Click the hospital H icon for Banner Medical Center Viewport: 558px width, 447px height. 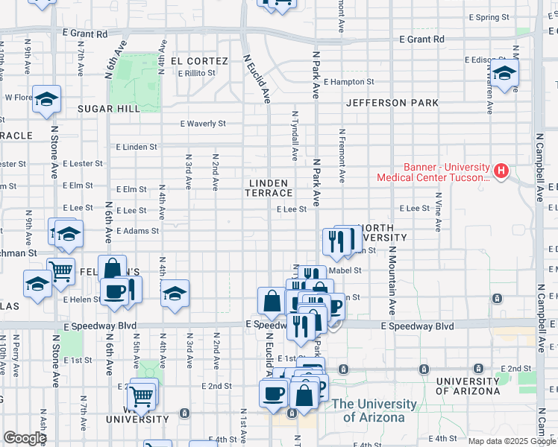(x=501, y=172)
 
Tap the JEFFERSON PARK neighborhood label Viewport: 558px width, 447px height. (x=392, y=103)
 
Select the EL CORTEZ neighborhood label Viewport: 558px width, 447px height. (x=199, y=60)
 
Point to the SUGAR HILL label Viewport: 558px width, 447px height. (x=109, y=109)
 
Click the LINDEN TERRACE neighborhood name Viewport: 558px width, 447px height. (x=267, y=188)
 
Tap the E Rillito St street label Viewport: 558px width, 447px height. (x=197, y=73)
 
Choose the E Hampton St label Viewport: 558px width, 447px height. (x=348, y=81)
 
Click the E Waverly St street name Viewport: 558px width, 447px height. (x=203, y=124)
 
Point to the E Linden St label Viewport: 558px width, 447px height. (x=136, y=147)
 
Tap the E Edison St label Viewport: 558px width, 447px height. (x=486, y=60)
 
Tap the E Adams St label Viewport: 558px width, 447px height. (x=137, y=231)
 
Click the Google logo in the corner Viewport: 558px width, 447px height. (x=25, y=438)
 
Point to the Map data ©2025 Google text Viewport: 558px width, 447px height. (x=511, y=441)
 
